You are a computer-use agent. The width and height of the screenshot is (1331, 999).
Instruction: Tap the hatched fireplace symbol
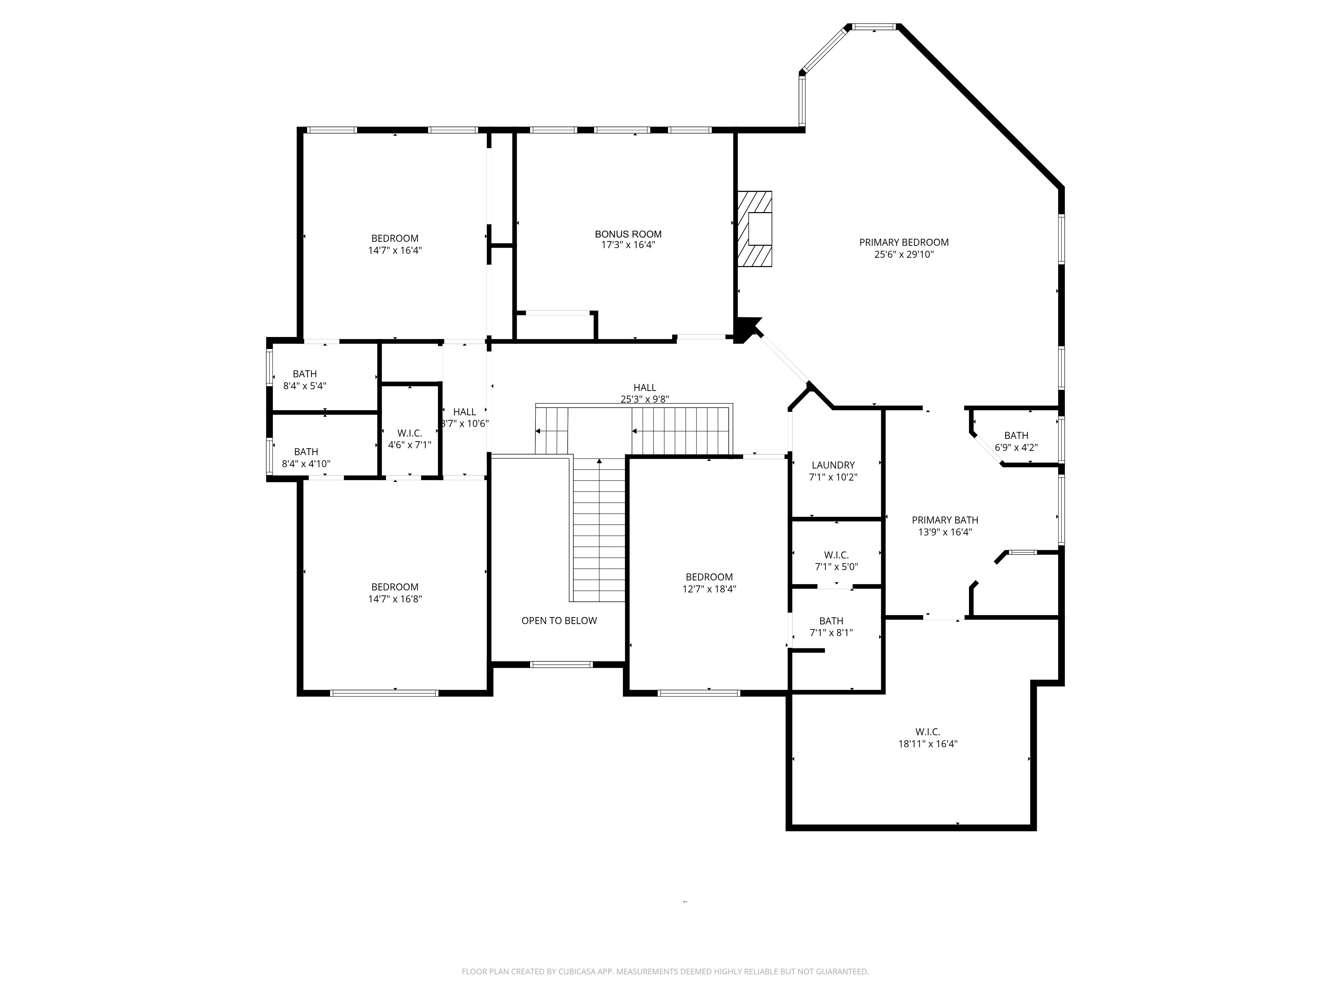755,229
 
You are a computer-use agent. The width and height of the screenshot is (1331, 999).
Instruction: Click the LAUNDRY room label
833,465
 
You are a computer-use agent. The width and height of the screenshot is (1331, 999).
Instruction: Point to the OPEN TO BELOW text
559,620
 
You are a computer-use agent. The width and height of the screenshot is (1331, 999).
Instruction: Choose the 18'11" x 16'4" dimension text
927,744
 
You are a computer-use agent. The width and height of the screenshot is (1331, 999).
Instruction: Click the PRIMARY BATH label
945,520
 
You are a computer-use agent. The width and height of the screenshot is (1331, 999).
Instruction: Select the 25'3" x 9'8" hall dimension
645,399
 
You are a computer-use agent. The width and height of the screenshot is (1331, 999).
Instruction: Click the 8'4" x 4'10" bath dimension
306,464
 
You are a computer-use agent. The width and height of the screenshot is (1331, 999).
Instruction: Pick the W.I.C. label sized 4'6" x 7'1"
409,433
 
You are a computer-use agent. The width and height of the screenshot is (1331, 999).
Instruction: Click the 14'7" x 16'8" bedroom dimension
395,598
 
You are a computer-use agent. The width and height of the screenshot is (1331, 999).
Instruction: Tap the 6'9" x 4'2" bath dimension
1016,448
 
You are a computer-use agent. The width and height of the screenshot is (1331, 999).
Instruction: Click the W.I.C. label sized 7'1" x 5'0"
836,554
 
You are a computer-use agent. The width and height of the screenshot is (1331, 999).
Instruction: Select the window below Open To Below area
561,665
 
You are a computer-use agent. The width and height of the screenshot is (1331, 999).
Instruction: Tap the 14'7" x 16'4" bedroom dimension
395,250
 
